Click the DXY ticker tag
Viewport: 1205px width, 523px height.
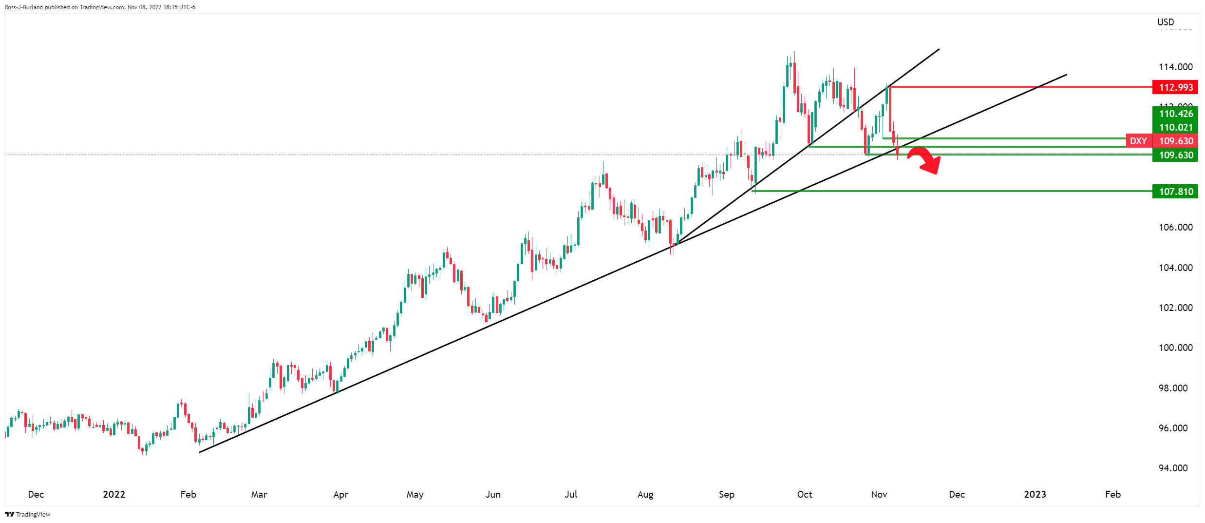(x=1138, y=141)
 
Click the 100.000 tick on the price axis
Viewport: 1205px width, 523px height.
(x=1175, y=348)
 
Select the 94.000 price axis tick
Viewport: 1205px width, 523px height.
(x=1175, y=468)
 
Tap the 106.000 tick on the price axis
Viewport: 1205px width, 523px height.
(x=1175, y=227)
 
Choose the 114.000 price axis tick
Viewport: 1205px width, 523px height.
(x=1175, y=67)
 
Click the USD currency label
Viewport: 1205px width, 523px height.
(x=1166, y=22)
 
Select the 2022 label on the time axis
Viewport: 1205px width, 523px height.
(x=114, y=494)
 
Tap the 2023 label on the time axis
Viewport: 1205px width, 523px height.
(x=1035, y=494)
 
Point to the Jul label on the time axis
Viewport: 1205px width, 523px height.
(x=571, y=494)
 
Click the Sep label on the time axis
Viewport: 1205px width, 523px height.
(x=726, y=494)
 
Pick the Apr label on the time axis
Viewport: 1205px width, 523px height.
(x=340, y=494)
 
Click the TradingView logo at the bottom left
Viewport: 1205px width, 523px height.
(x=28, y=514)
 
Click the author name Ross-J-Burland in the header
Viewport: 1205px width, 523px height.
(x=24, y=7)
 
